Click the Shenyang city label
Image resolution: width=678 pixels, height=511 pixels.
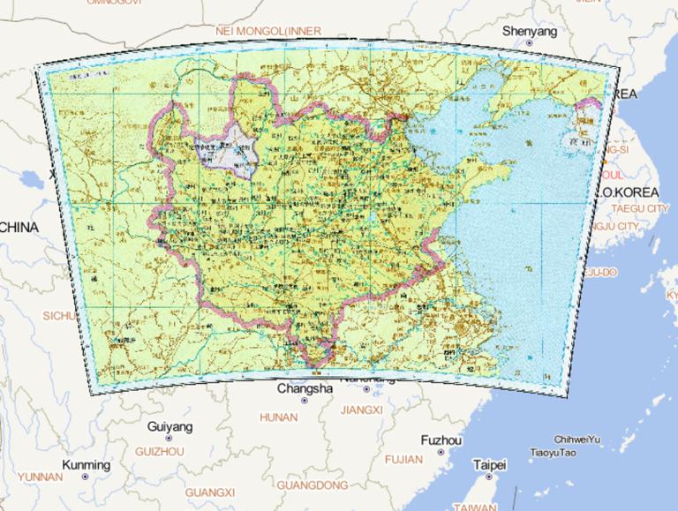coord(530,31)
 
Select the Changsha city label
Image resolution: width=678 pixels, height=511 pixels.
coord(305,388)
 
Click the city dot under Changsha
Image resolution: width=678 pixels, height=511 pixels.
coord(305,401)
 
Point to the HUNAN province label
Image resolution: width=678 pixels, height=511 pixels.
coord(278,417)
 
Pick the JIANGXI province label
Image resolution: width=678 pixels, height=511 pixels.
coord(361,410)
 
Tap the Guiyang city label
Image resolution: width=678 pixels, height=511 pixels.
coord(170,426)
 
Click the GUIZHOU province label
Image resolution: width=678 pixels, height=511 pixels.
coord(160,451)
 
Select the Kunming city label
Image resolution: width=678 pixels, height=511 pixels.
coord(86,465)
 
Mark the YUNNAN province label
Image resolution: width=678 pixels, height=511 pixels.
coord(40,477)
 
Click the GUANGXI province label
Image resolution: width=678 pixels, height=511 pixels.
coord(210,492)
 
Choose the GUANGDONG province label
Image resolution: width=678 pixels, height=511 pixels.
coord(313,485)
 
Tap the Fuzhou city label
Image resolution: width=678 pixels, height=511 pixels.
coord(441,440)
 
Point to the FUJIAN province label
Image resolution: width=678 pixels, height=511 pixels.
coord(404,459)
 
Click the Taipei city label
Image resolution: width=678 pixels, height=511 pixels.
coord(489,464)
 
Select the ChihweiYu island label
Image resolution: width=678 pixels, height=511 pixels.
coord(577,440)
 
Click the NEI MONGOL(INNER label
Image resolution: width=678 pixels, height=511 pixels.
coord(268,31)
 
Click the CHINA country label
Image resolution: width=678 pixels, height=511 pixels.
coord(19,228)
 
